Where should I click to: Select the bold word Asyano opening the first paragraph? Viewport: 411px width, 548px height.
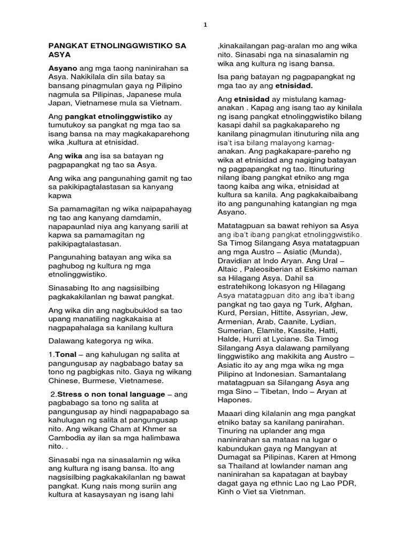coord(63,69)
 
